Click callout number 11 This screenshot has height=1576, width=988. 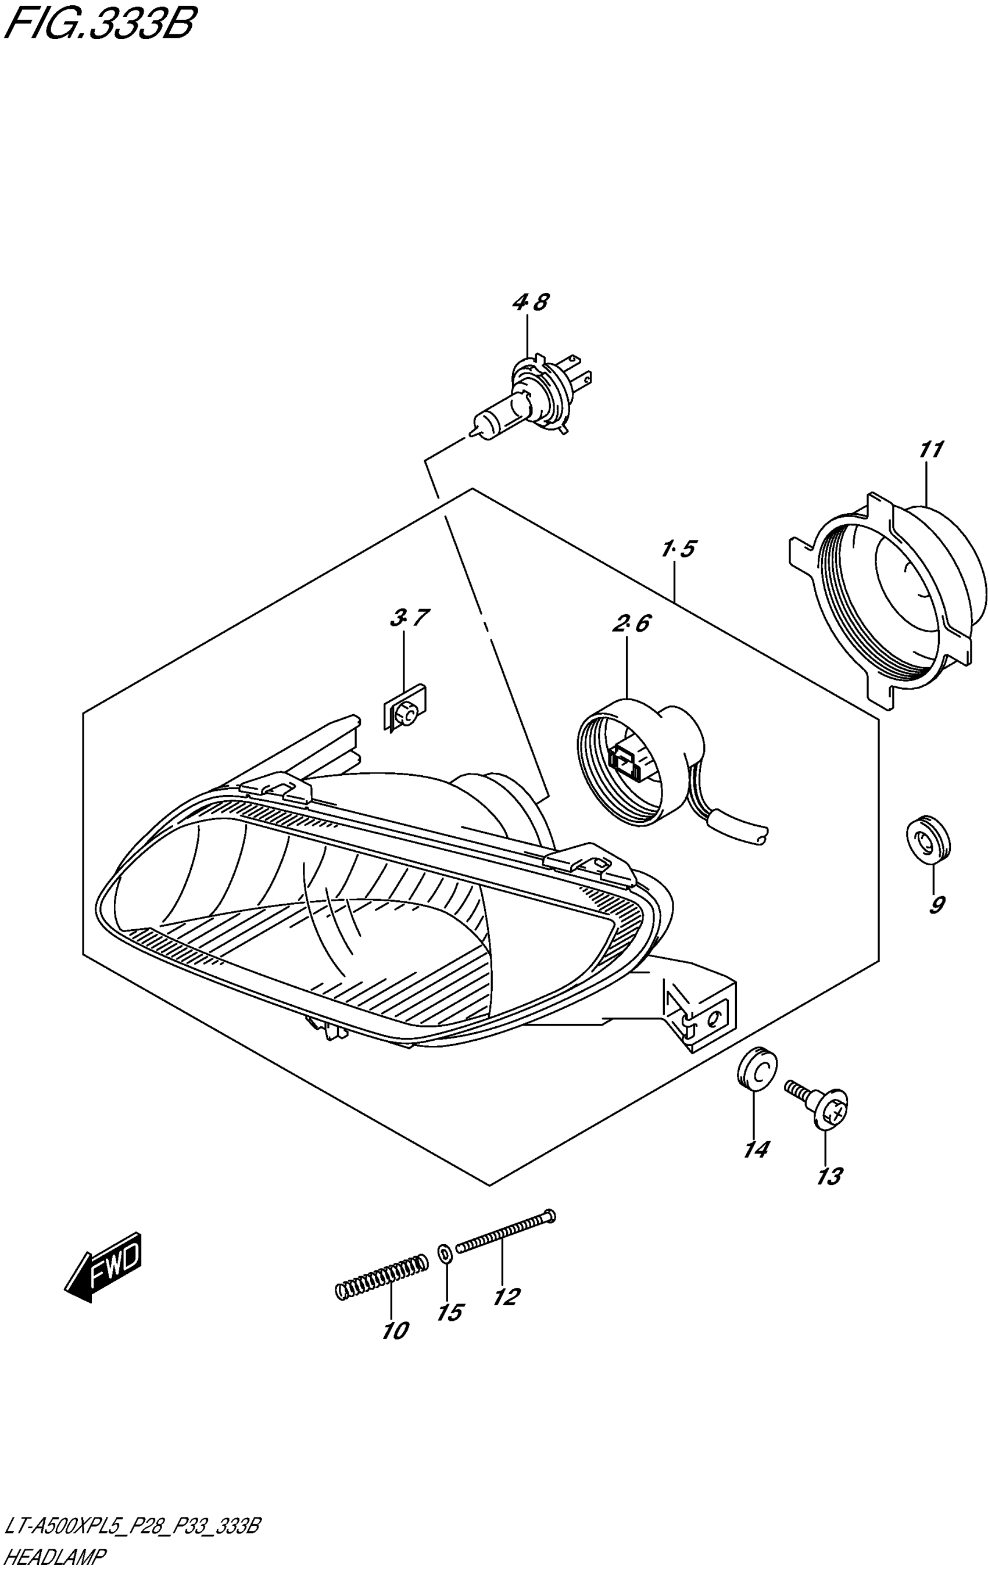coord(930,450)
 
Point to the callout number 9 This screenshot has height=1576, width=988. coord(936,905)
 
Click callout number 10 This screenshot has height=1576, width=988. coord(395,1330)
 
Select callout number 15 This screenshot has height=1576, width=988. coord(450,1313)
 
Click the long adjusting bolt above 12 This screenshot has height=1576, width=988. coord(504,1230)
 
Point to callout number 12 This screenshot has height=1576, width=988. coord(506,1297)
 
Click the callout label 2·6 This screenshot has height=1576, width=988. coord(631,624)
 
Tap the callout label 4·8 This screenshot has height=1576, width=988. coord(531,303)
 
